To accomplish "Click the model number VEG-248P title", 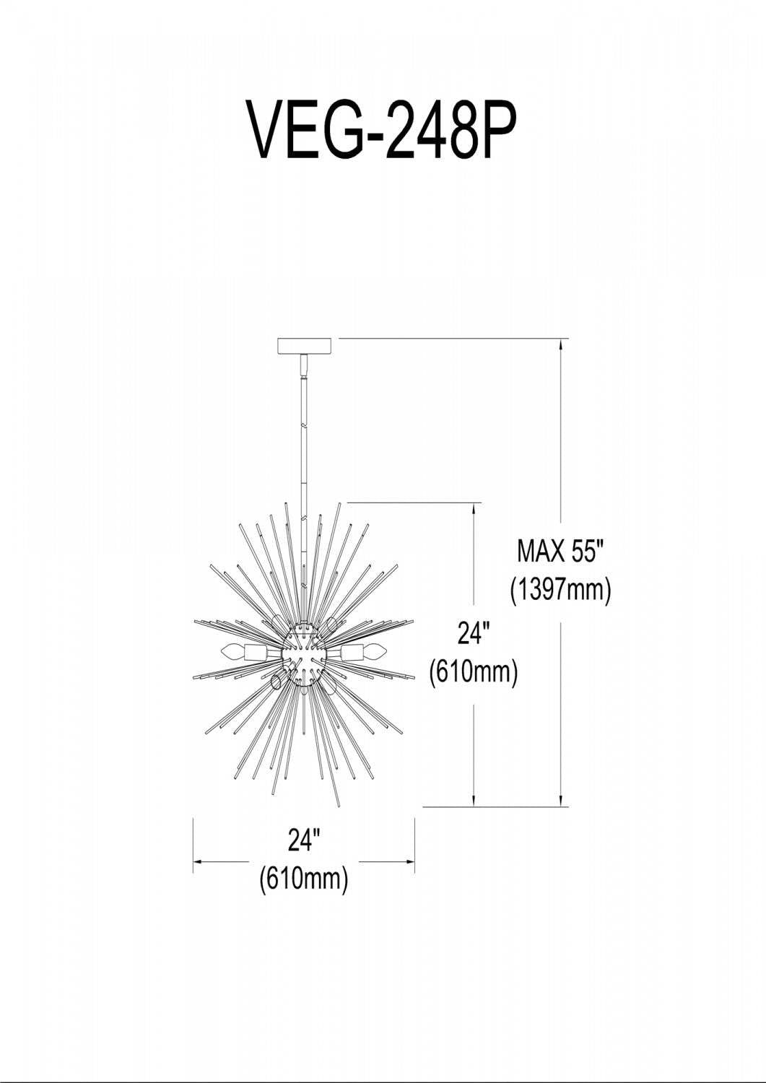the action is pyautogui.click(x=382, y=130).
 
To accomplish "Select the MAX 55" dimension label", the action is pyautogui.click(x=561, y=551).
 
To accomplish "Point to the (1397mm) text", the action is pyautogui.click(x=561, y=591).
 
